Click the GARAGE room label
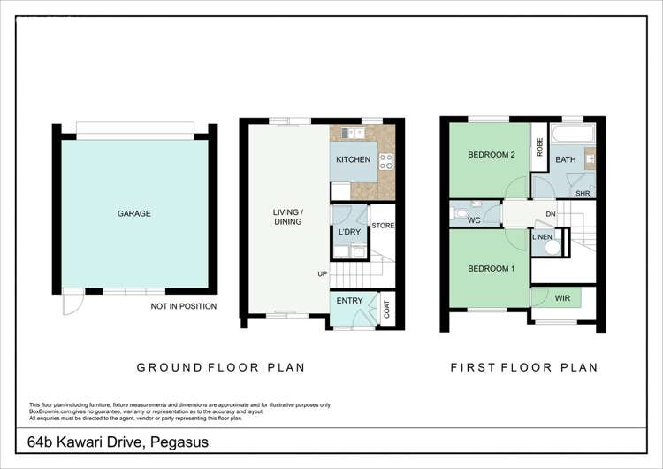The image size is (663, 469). (134, 213)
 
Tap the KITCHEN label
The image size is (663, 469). (351, 159)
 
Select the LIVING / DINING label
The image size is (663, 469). (288, 217)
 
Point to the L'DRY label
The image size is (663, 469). (349, 232)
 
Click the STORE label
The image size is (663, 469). (383, 226)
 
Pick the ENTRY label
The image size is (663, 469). (349, 301)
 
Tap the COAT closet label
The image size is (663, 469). (386, 310)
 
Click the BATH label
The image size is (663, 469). (565, 159)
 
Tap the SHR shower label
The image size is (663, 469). (583, 192)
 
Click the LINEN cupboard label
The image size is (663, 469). (543, 236)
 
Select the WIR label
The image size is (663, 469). (563, 298)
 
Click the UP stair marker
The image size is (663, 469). (323, 273)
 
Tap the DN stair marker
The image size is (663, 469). (550, 214)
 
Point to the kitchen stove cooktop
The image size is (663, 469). (385, 161)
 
